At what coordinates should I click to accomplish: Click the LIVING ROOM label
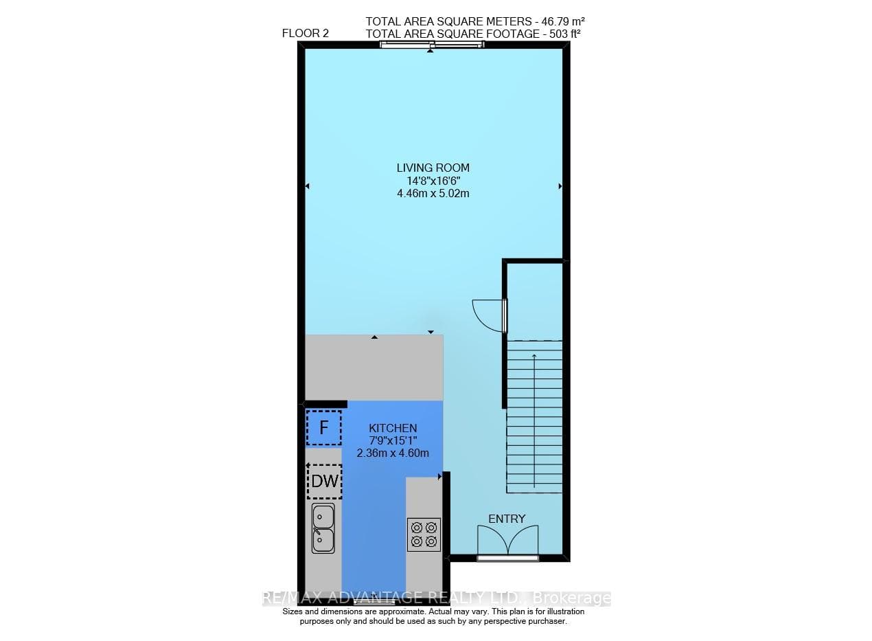click(x=433, y=168)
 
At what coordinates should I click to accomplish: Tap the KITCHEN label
click(x=393, y=429)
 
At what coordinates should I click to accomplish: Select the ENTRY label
click(x=507, y=519)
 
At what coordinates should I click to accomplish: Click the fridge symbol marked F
click(x=324, y=427)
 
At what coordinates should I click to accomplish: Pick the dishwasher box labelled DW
click(x=324, y=482)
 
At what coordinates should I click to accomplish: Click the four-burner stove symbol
click(x=424, y=535)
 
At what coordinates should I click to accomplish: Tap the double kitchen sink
click(x=323, y=528)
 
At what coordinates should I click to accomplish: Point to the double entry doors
click(x=508, y=540)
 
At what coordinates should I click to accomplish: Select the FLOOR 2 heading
click(x=305, y=34)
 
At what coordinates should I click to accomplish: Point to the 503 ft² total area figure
click(x=565, y=34)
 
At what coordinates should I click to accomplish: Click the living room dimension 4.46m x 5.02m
click(x=433, y=194)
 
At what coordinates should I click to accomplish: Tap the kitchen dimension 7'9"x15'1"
click(x=393, y=441)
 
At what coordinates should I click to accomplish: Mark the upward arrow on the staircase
click(x=534, y=420)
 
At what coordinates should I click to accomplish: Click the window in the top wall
click(x=432, y=45)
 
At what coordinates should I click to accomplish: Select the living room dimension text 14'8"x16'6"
click(x=433, y=181)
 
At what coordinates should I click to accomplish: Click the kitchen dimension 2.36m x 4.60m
click(x=393, y=453)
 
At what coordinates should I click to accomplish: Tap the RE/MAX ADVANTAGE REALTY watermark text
click(x=437, y=598)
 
